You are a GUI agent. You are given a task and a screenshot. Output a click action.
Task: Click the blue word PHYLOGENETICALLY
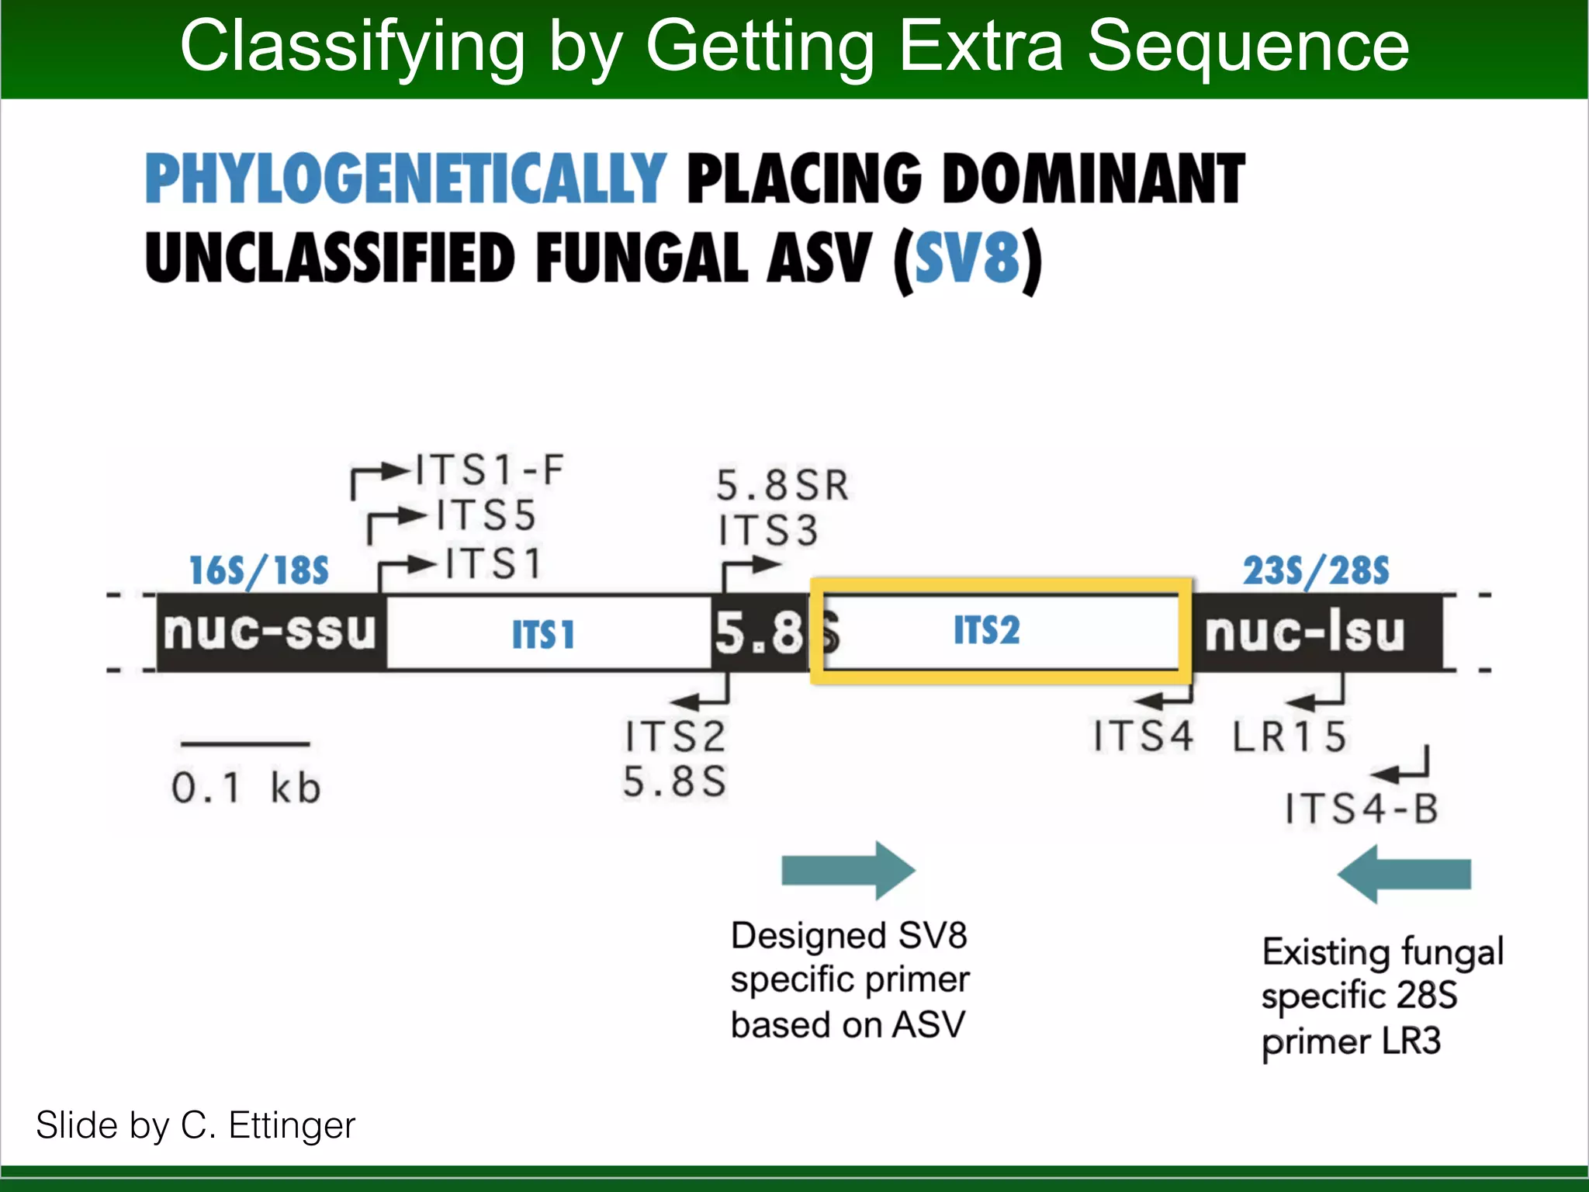[x=405, y=178]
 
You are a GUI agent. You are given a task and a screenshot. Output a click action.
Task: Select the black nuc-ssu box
[x=270, y=632]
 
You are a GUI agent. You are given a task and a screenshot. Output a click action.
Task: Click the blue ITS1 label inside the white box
[x=543, y=635]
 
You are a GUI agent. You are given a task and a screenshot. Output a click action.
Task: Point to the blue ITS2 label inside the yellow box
[x=986, y=629]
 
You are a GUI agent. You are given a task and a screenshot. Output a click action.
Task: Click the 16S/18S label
[x=259, y=571]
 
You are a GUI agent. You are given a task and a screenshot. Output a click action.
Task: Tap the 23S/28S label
[x=1316, y=571]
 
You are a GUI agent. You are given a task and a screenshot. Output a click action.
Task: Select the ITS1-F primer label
[x=490, y=470]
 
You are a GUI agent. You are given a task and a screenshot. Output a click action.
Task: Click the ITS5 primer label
[x=486, y=516]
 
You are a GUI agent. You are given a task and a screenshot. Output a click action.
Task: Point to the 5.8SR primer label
[x=782, y=486]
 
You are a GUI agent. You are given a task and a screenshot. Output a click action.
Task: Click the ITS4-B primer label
[x=1362, y=809]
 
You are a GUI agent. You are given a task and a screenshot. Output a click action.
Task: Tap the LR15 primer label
[x=1290, y=736]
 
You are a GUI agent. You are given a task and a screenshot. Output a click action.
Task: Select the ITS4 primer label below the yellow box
[x=1143, y=736]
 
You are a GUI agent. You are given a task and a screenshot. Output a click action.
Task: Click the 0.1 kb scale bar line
[x=245, y=744]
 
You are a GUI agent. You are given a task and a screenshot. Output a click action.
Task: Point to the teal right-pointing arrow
[x=848, y=871]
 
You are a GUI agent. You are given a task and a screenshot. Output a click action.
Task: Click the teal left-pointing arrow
[x=1404, y=875]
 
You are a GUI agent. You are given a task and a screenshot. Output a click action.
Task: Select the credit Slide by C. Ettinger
[x=196, y=1125]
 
